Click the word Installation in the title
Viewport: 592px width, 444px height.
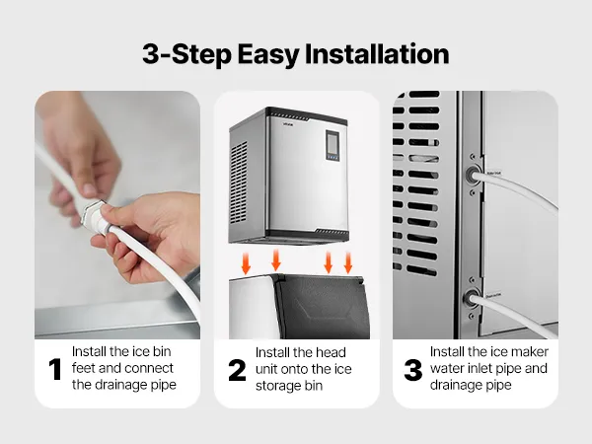tap(377, 54)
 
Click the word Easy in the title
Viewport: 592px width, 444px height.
tap(268, 55)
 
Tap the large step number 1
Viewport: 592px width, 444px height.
tap(55, 369)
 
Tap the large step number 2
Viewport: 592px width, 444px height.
tap(237, 370)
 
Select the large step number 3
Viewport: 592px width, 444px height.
tap(413, 370)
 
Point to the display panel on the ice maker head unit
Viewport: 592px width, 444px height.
tap(333, 146)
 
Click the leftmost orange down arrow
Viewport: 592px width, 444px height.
tap(246, 263)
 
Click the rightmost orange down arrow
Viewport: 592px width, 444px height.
tap(348, 262)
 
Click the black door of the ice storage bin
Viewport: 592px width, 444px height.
tap(321, 308)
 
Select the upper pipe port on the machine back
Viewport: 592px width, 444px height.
tap(472, 176)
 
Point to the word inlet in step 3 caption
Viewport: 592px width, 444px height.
tap(478, 368)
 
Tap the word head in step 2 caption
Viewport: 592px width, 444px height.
tap(331, 352)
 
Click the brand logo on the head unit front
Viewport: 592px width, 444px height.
tap(288, 121)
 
